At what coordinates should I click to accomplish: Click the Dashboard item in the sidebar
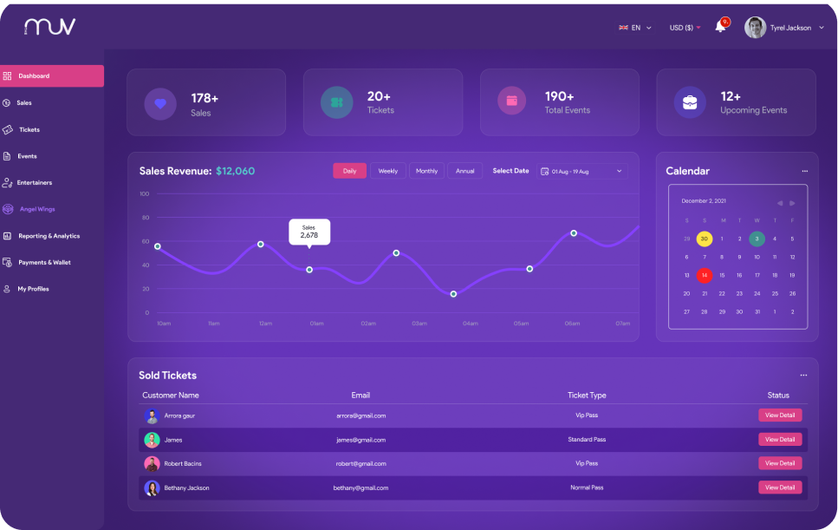point(52,76)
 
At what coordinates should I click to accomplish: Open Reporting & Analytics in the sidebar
point(49,236)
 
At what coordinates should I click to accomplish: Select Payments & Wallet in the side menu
point(44,262)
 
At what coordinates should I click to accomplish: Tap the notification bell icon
point(720,27)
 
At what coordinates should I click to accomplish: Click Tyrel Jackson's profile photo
point(755,28)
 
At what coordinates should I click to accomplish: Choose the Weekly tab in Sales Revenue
point(388,171)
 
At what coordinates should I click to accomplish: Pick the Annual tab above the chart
point(465,171)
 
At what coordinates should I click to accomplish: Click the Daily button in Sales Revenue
point(349,171)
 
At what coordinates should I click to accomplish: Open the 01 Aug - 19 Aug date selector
point(581,172)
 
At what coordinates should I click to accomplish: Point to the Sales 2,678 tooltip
point(309,232)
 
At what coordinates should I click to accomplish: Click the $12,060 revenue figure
point(236,171)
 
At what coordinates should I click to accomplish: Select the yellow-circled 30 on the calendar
point(705,239)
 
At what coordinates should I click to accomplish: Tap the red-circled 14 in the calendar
point(705,275)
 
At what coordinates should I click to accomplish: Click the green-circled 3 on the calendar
point(757,239)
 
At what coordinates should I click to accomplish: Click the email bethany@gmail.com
point(360,487)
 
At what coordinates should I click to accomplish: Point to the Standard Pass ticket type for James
point(587,440)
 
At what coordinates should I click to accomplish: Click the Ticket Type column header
point(587,396)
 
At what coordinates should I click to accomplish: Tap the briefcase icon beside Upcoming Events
point(690,102)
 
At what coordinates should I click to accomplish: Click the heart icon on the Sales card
point(160,102)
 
